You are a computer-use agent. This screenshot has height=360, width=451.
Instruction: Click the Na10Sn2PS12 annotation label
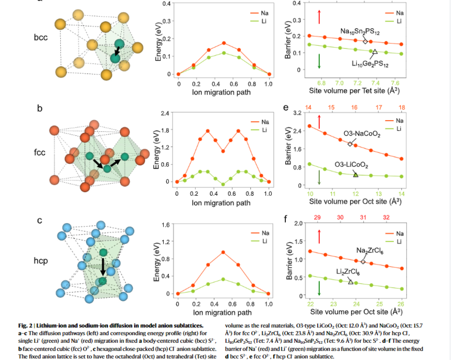click(x=360, y=31)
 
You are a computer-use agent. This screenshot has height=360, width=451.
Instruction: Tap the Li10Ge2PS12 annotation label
click(x=370, y=64)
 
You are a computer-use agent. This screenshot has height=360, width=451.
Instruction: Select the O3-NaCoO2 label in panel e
click(x=362, y=134)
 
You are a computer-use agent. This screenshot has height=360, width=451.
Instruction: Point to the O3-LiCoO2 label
click(x=351, y=165)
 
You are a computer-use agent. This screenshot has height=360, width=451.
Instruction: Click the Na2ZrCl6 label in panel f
click(x=370, y=251)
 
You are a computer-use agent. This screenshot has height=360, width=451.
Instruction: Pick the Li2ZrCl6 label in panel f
click(x=348, y=272)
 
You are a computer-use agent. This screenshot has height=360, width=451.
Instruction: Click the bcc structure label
click(x=40, y=37)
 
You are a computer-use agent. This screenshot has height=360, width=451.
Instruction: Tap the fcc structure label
click(x=40, y=152)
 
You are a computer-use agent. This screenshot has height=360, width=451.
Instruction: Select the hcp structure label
click(x=40, y=261)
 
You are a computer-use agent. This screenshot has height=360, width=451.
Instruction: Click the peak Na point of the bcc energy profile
click(x=224, y=43)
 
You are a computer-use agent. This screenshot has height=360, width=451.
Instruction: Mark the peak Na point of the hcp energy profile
click(x=223, y=252)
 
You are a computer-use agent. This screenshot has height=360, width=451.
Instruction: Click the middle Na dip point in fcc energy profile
click(x=223, y=151)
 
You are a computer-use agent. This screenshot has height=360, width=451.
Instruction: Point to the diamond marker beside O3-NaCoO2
click(x=350, y=144)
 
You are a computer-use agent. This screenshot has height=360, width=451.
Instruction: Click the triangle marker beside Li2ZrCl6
click(x=351, y=282)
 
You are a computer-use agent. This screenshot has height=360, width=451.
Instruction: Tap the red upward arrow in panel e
click(x=319, y=122)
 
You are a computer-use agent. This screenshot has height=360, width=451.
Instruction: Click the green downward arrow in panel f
click(x=319, y=288)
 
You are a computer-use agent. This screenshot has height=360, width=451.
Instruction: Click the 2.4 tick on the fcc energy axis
click(x=165, y=113)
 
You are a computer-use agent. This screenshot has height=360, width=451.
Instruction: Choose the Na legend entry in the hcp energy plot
click(x=260, y=233)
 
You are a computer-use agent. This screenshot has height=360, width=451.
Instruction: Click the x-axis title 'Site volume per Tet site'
click(x=355, y=91)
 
